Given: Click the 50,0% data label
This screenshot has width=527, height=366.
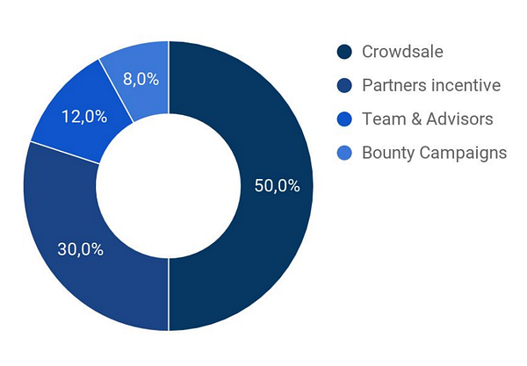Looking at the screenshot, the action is click(278, 185).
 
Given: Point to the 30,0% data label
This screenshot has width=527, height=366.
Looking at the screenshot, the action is click(80, 249).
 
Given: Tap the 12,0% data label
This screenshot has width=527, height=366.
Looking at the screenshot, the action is click(84, 117).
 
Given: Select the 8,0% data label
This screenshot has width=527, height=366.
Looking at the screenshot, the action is click(141, 79).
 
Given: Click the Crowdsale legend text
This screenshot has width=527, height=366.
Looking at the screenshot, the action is click(402, 52).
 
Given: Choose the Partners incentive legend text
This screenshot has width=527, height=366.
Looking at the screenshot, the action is click(431, 85).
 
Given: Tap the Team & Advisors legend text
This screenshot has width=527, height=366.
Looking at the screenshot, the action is click(428, 118).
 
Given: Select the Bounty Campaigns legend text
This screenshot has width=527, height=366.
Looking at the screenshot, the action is click(434, 153).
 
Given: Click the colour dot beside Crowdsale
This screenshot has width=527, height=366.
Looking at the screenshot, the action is click(344, 52).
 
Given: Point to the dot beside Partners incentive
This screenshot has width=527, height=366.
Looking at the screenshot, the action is click(344, 86).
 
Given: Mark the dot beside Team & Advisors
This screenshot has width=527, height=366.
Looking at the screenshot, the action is click(344, 119).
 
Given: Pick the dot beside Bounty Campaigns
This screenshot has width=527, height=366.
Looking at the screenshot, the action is click(344, 153).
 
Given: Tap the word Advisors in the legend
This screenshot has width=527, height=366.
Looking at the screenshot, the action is click(459, 118).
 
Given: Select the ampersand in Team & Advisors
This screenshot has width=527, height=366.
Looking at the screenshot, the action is click(416, 119).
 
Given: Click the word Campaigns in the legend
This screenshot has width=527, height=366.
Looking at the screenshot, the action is click(463, 153).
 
